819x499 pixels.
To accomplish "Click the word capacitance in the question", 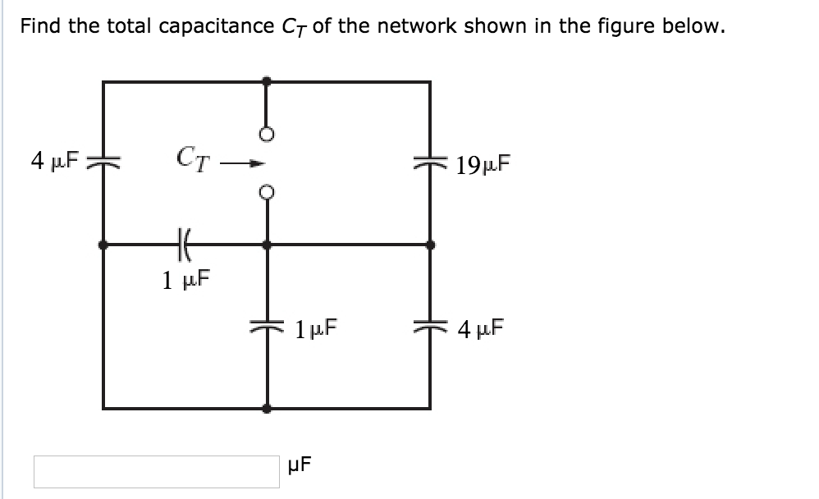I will (217, 26).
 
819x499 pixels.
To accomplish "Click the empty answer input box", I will (156, 471).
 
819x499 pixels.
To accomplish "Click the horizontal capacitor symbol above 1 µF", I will (182, 244).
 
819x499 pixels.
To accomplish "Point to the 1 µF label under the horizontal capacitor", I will (185, 281).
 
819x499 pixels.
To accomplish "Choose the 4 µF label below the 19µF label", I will (482, 332).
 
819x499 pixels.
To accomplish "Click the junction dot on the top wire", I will (267, 80).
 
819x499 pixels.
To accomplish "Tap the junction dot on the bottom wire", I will (267, 408).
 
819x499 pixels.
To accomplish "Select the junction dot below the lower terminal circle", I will (267, 244).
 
